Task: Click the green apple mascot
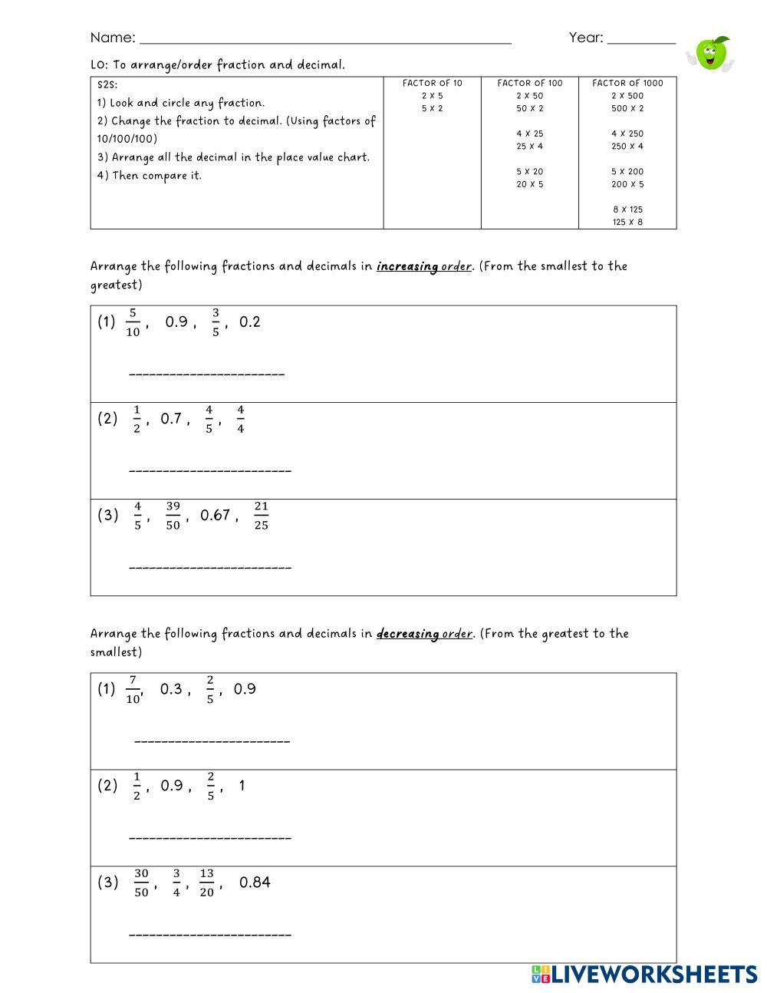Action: (712, 54)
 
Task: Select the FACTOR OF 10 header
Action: (433, 83)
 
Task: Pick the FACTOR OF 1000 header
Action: (627, 83)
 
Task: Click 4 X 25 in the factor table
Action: (529, 134)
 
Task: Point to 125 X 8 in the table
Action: (627, 222)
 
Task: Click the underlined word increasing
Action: (407, 267)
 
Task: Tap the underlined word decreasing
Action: (407, 634)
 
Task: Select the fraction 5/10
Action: (133, 322)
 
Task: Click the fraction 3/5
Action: (216, 322)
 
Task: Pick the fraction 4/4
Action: (240, 419)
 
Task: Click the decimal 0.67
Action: (215, 516)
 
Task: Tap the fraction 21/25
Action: (261, 516)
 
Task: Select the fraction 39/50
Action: (173, 516)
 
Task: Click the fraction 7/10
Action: (133, 689)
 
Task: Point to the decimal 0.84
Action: (255, 882)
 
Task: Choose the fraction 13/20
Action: (206, 882)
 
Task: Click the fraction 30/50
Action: (141, 882)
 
